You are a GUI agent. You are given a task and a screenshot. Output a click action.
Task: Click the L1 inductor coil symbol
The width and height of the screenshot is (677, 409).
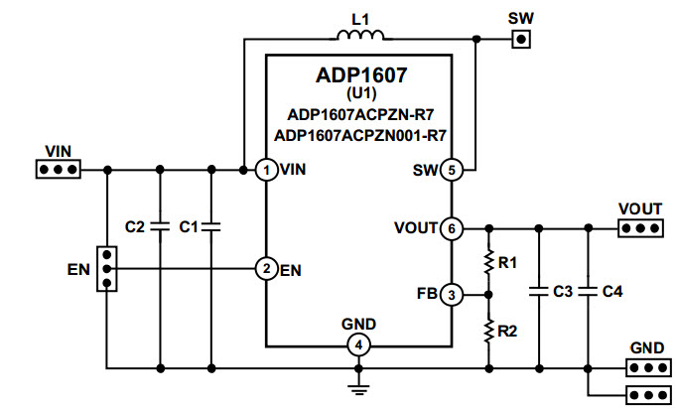pos(360,37)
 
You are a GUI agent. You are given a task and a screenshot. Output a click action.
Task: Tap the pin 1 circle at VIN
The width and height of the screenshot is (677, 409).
pos(266,170)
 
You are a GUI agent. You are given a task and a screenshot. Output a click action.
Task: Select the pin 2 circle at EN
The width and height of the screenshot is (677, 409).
pos(266,269)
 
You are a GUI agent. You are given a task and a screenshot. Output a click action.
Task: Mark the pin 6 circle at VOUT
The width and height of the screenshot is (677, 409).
pos(451,228)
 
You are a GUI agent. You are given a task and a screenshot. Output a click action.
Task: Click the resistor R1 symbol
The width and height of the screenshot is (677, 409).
pos(488,262)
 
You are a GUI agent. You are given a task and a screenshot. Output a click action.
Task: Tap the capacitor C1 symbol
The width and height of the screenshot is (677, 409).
pos(210,227)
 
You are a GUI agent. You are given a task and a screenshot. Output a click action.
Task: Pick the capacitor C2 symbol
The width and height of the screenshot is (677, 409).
pos(159,227)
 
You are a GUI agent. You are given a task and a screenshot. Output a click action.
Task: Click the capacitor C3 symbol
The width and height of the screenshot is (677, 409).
pos(539,292)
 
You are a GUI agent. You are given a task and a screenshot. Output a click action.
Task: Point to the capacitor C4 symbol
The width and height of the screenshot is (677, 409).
pos(589,292)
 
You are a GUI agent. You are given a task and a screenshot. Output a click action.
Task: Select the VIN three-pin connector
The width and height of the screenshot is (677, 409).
pos(59,170)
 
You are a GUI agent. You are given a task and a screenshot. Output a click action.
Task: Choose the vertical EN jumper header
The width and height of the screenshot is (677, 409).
pos(105,269)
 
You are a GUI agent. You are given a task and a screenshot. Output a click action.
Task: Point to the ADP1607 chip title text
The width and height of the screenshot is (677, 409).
pos(360,74)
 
